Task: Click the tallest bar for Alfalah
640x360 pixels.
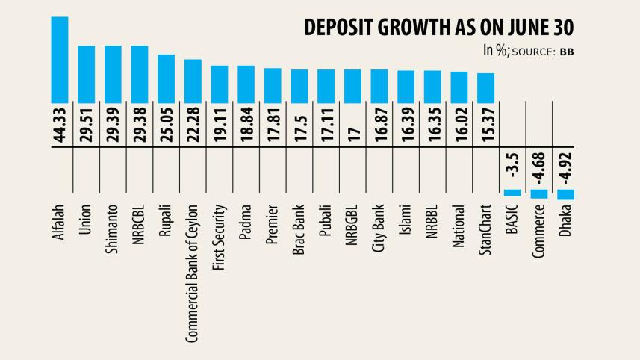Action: (60, 59)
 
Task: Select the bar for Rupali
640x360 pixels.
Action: (166, 78)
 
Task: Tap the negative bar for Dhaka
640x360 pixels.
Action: (565, 194)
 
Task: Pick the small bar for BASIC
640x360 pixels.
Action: (512, 192)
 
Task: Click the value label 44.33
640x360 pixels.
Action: (60, 125)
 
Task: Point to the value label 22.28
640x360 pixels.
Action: (193, 125)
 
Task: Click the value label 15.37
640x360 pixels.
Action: (486, 125)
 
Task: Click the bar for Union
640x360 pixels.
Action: (87, 74)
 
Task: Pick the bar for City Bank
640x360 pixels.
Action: (379, 85)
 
